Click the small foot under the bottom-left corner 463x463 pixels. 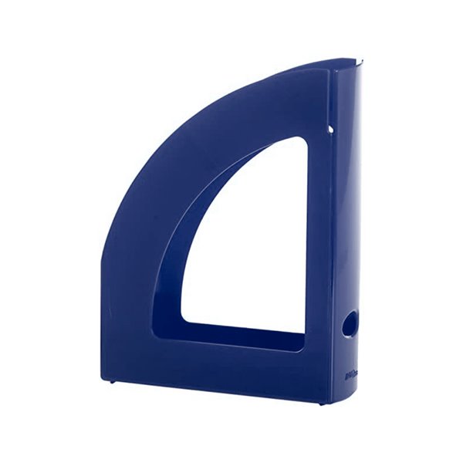(113, 381)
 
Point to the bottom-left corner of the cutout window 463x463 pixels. (184, 318)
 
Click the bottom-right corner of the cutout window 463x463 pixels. (304, 332)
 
